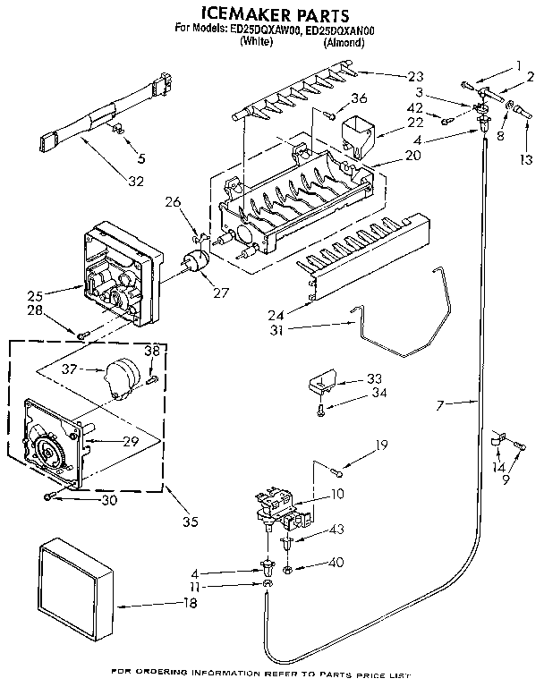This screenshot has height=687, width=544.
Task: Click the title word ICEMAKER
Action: tap(234, 15)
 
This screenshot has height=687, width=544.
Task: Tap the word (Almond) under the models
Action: tap(344, 42)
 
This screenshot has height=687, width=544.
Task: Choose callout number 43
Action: tap(336, 530)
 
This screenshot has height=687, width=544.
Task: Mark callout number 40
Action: tap(336, 564)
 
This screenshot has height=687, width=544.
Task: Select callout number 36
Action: tap(359, 98)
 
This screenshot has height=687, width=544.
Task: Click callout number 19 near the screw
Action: tap(380, 445)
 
